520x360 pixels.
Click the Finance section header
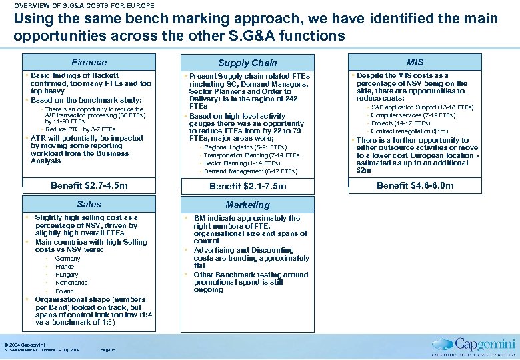89,62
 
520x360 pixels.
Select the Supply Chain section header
247,63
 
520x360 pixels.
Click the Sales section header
89,204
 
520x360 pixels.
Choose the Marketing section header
247,205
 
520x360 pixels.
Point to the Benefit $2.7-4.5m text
89,185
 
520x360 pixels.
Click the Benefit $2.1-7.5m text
247,186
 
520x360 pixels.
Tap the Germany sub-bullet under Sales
67,259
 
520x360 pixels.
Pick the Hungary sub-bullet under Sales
67,275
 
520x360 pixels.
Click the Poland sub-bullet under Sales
65,291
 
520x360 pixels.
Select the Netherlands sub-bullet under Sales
71,283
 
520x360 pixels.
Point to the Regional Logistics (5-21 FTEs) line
245,147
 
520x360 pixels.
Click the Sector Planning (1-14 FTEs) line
241,163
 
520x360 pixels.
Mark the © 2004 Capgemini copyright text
25,344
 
